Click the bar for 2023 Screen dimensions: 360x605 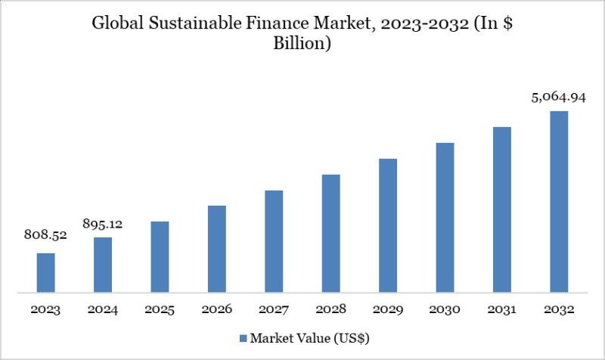click(46, 272)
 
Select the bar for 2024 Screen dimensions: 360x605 click(103, 265)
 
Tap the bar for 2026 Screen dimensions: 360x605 click(217, 249)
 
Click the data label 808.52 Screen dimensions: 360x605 click(46, 235)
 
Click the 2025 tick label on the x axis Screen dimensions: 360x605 click(160, 310)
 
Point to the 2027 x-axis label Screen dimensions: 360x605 click(274, 310)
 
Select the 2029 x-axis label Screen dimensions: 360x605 click(387, 310)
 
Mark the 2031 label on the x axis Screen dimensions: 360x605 click(501, 310)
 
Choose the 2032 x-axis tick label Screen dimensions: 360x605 click(558, 310)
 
